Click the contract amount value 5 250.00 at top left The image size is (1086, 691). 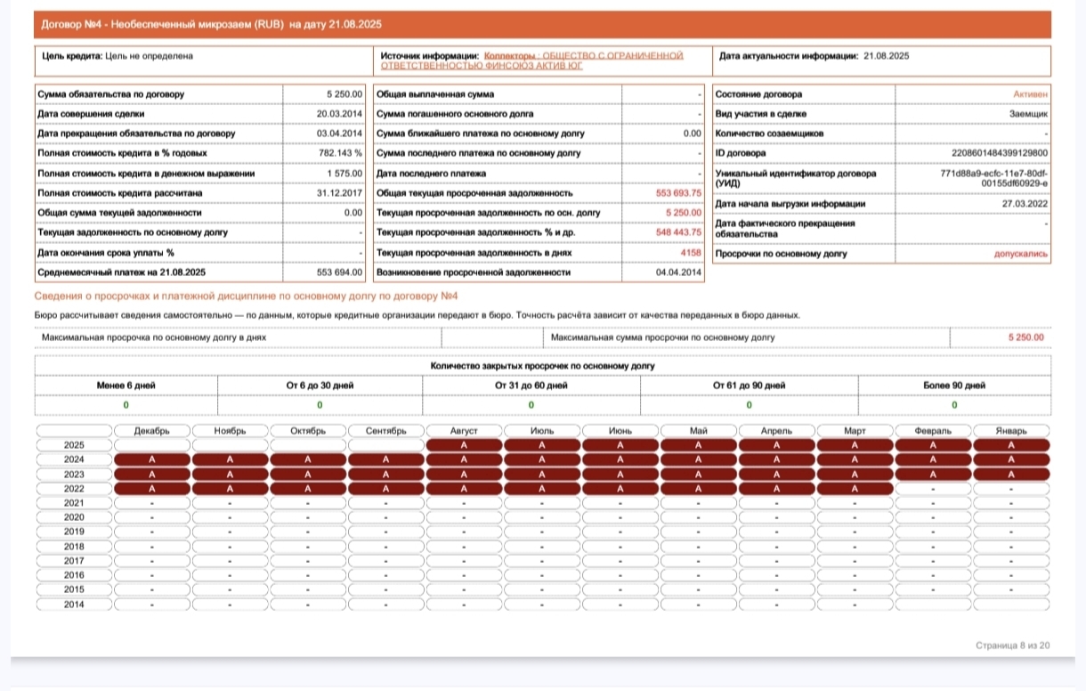[344, 94]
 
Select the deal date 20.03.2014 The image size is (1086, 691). [339, 114]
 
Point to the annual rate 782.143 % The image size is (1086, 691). [340, 153]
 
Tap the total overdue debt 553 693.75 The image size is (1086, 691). [678, 193]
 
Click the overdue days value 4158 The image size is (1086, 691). [691, 253]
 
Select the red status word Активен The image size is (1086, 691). [1030, 94]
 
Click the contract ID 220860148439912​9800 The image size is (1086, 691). [1000, 153]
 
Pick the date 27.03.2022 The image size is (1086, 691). [1025, 204]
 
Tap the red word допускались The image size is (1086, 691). [1020, 254]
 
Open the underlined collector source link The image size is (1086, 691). [532, 61]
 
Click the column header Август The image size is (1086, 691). [464, 431]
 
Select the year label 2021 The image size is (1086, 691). [74, 503]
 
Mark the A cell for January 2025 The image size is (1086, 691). [1011, 445]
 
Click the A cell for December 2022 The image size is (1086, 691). [151, 489]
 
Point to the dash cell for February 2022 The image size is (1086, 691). [933, 489]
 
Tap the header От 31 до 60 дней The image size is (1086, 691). [531, 386]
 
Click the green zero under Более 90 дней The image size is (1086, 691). [954, 405]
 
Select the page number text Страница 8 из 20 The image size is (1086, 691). [1012, 646]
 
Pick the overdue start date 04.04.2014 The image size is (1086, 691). [678, 272]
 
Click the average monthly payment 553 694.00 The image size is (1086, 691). [339, 272]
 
